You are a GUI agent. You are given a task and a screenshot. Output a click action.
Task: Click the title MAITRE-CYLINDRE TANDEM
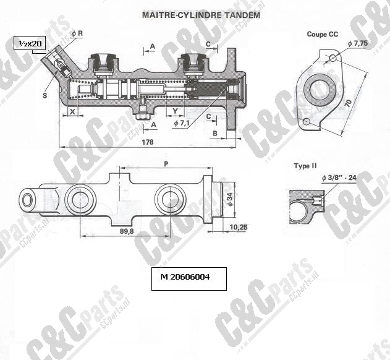coord(201,15)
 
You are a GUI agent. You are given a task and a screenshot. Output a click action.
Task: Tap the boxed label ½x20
coord(30,44)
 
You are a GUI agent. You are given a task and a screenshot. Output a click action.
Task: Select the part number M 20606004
coord(185,277)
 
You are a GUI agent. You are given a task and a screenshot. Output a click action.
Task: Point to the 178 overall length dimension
coord(148,142)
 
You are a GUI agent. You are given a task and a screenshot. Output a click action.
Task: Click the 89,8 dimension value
coord(127,231)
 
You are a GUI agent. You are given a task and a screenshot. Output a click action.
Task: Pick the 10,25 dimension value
coord(239,227)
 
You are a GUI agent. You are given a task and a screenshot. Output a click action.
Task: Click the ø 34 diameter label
coord(230,199)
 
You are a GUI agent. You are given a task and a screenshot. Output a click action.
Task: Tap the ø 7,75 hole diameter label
coord(358,43)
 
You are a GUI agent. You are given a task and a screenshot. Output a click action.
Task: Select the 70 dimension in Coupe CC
coord(349,103)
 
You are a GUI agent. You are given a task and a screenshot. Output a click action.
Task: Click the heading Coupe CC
coord(323,34)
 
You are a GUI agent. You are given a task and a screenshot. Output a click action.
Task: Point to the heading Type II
coord(305,166)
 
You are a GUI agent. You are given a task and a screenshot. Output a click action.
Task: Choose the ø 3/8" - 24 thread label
coord(339,178)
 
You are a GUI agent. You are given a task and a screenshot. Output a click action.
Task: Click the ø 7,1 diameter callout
coord(182,123)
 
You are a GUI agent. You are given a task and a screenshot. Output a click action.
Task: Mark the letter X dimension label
coord(72,111)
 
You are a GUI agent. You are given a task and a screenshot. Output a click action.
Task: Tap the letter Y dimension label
coord(176,111)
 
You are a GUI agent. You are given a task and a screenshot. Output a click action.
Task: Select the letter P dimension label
coord(166,163)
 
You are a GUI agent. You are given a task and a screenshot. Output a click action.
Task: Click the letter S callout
coord(45,95)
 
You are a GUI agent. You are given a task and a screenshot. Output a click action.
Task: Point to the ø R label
coord(77,34)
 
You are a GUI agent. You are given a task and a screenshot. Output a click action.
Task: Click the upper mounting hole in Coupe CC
coord(333,58)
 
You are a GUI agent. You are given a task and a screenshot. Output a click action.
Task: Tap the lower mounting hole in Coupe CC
coord(307,122)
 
